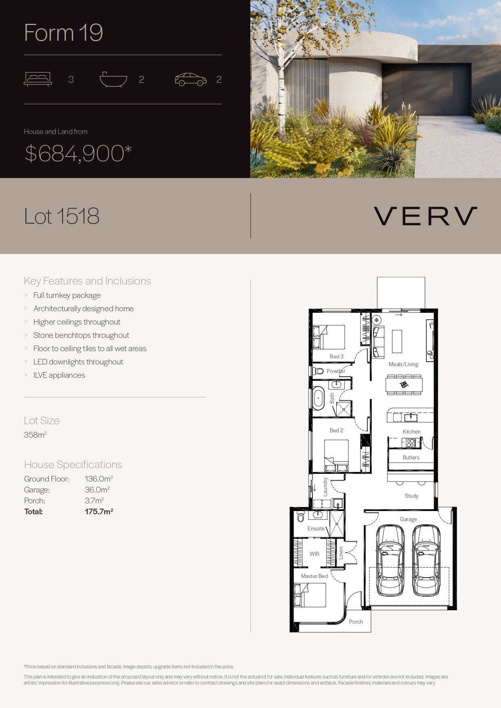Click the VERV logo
click(425, 216)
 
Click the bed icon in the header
click(38, 79)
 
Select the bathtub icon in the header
click(113, 80)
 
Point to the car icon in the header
click(191, 80)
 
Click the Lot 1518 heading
click(62, 216)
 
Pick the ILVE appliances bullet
click(59, 375)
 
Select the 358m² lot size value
click(35, 435)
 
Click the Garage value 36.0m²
click(97, 490)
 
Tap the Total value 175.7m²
click(99, 511)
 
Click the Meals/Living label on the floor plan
click(403, 364)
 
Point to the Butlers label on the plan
click(411, 457)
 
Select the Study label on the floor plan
click(411, 496)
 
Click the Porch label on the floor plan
click(356, 622)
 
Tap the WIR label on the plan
click(314, 554)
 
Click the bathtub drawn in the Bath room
click(319, 398)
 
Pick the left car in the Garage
click(390, 560)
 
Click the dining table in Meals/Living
click(404, 385)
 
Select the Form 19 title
click(63, 32)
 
